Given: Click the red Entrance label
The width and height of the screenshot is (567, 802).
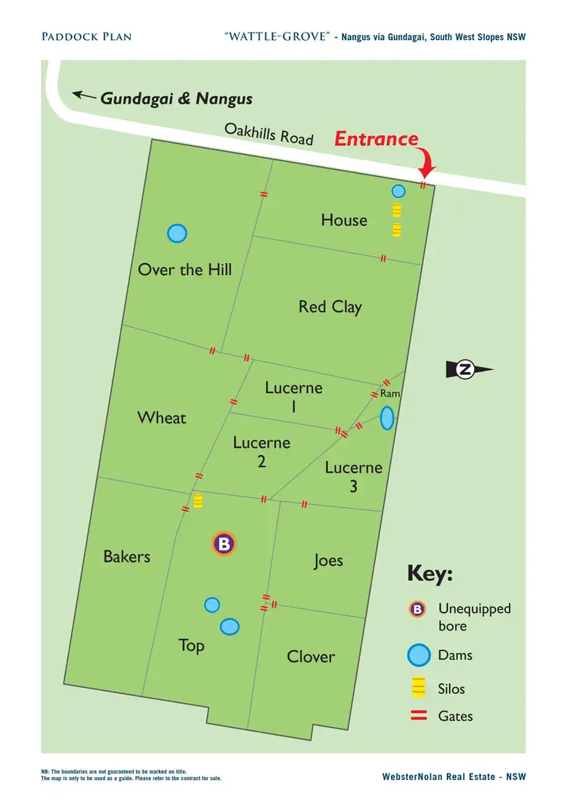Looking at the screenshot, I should point(376,139).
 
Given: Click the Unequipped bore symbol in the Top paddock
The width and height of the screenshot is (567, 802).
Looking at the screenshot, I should point(225,543).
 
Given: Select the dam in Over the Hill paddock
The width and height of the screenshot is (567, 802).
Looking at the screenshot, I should point(177,234).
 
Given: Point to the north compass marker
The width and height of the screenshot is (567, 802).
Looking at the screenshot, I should point(469,370).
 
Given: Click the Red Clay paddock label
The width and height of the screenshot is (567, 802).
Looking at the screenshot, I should point(330,307).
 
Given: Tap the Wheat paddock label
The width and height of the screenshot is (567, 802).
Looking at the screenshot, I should point(161,418).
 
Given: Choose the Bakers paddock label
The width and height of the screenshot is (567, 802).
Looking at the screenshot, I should point(127,557).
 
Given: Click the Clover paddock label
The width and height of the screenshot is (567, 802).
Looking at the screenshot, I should point(311,657).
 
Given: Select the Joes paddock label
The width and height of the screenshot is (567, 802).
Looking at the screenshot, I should point(328,560).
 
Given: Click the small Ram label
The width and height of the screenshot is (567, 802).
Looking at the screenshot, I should point(389,394).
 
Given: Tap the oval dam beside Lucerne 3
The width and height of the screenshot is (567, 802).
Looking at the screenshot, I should point(386,416).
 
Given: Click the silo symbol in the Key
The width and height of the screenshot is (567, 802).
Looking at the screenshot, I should point(417,688).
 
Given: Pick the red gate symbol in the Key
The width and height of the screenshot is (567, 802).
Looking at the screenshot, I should point(419,716).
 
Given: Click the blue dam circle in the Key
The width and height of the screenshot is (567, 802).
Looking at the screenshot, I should point(419,655).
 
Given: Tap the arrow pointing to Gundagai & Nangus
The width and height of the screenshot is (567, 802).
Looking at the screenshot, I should point(84,96).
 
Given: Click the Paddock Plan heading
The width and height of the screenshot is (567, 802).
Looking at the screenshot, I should point(76,36).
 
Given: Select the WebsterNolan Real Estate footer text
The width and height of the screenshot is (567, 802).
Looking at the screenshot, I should point(454,777).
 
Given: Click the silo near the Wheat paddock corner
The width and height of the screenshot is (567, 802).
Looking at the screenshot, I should point(198,500).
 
